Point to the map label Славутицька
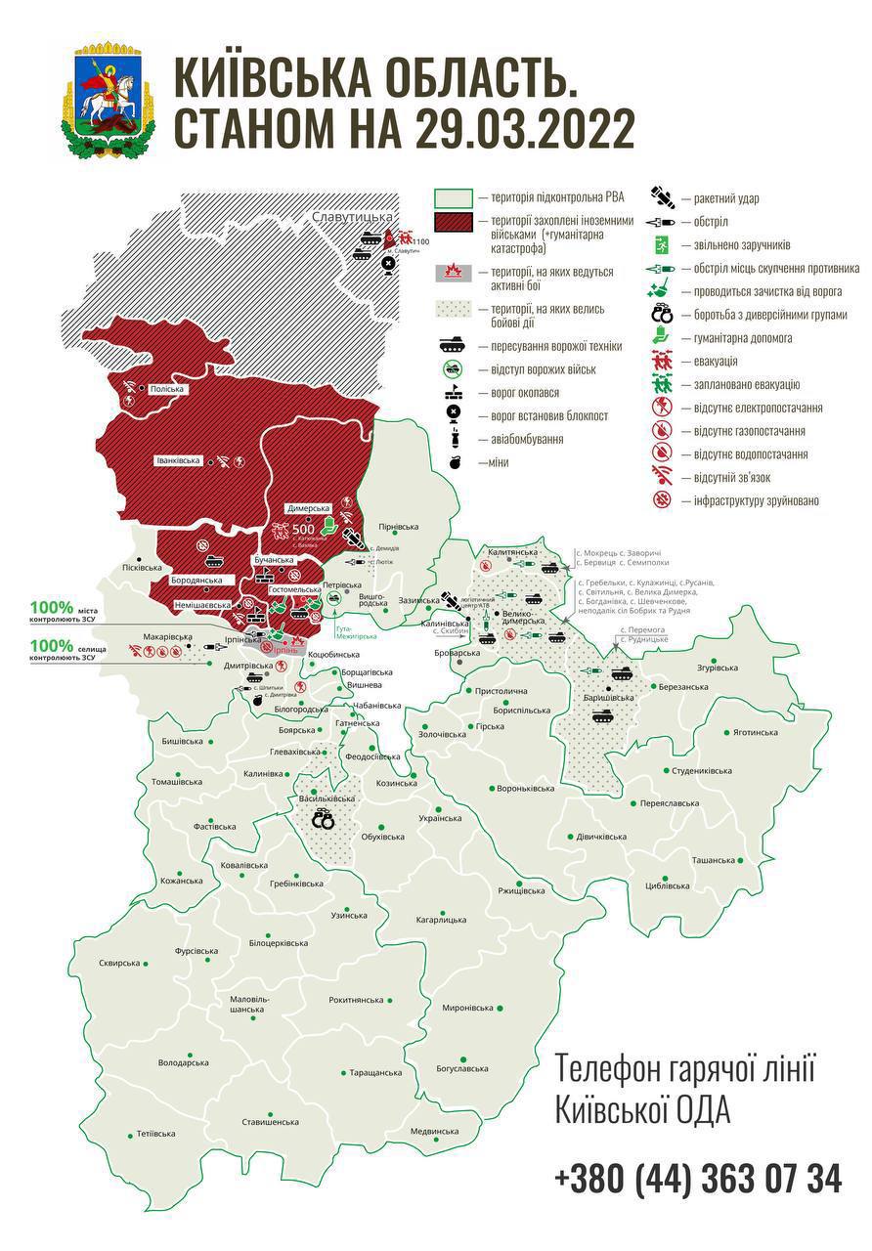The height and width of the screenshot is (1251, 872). pyautogui.click(x=352, y=215)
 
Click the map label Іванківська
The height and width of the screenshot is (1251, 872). pyautogui.click(x=178, y=459)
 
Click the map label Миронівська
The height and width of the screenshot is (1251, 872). pyautogui.click(x=468, y=1008)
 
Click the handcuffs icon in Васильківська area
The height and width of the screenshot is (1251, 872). pyautogui.click(x=323, y=821)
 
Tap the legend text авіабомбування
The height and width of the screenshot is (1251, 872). pyautogui.click(x=520, y=440)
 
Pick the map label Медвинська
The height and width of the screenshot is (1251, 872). pyautogui.click(x=434, y=1131)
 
